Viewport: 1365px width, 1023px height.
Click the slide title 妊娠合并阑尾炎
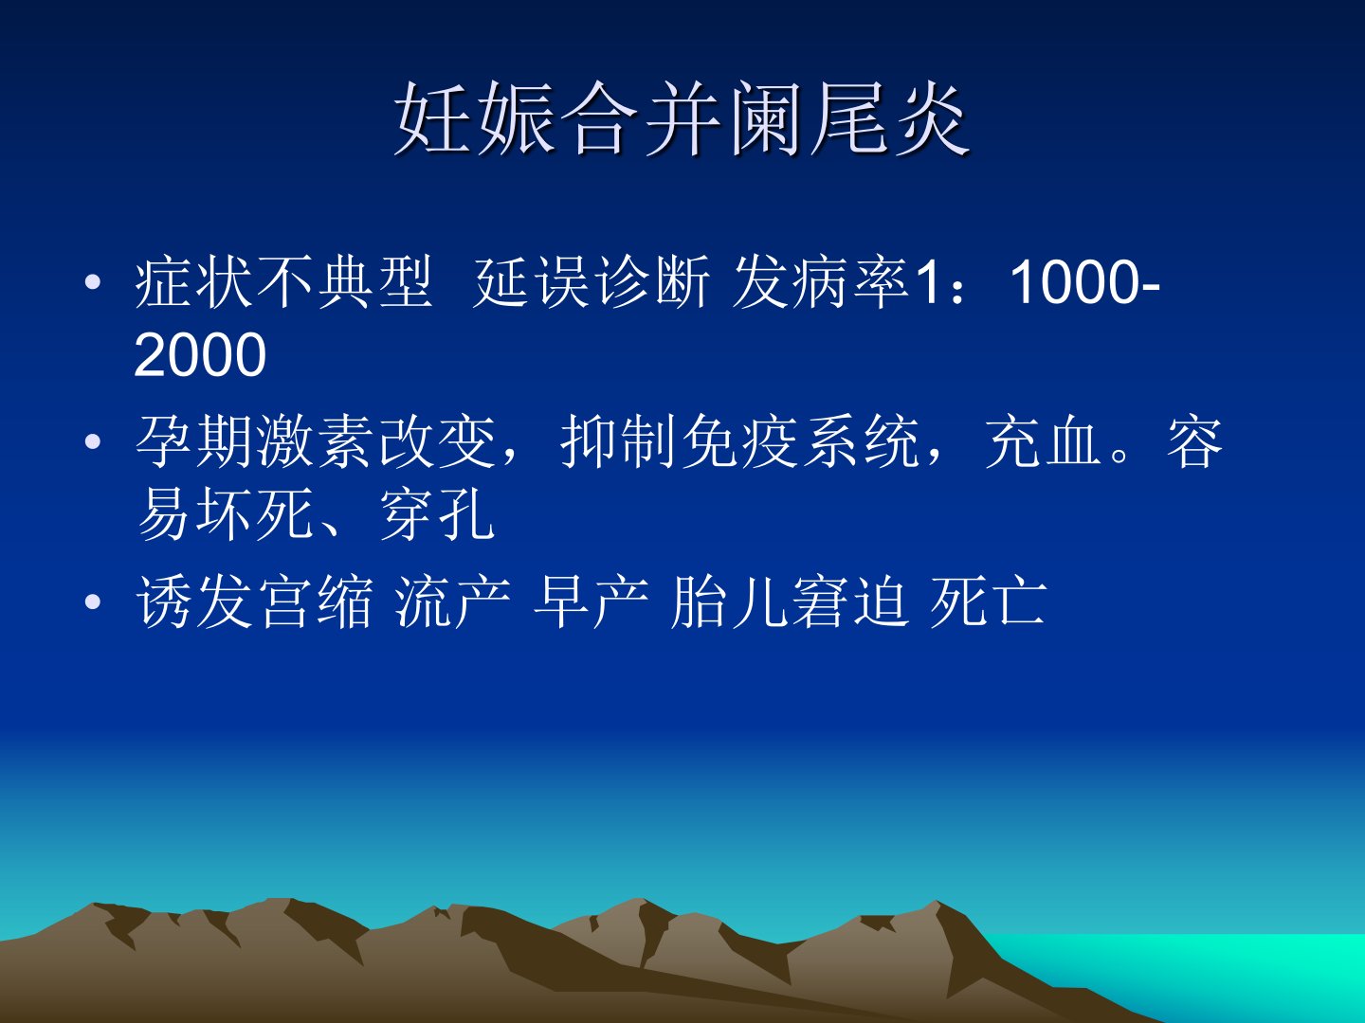coord(682,118)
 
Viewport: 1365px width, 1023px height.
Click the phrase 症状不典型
coord(283,282)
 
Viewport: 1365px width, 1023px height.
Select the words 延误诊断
coord(591,282)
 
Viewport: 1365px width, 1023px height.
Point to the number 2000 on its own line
coord(200,354)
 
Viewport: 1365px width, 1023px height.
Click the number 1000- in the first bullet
coord(1085,282)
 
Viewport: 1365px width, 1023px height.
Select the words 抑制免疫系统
coord(739,441)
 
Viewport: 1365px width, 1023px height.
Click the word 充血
coord(1042,441)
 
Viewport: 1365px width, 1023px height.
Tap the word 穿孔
coord(437,514)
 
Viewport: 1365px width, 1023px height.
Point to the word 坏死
coord(255,514)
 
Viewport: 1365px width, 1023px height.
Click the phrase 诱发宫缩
coord(254,601)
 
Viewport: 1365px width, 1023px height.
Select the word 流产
coord(453,601)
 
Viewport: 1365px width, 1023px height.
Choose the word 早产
coord(591,601)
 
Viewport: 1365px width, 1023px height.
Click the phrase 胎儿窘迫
coord(789,601)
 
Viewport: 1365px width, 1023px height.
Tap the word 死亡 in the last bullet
coord(987,601)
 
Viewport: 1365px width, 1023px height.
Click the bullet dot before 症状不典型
coord(93,282)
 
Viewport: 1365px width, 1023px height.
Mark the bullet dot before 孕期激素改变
coord(93,441)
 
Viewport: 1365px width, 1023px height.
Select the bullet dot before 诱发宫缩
coord(93,601)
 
